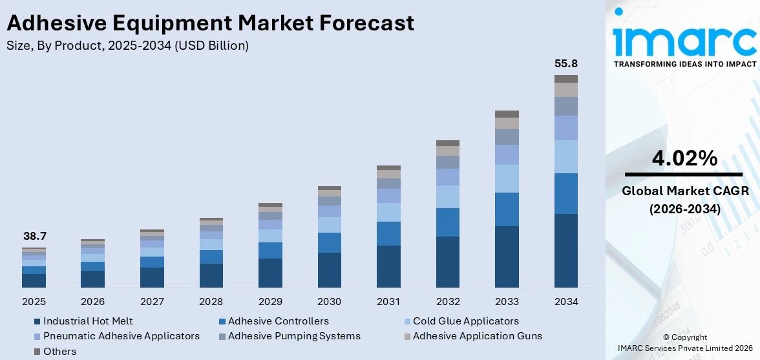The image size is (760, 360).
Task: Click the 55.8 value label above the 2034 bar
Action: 566,64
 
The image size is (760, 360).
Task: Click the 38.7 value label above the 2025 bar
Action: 34,237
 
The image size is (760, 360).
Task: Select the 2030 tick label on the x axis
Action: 330,302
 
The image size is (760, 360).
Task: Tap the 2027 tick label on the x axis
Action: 152,302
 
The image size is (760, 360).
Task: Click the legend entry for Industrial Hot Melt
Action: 88,321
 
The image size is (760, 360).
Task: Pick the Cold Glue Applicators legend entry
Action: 465,321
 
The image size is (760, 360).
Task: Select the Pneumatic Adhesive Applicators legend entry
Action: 121,336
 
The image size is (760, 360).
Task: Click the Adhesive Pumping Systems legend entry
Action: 294,336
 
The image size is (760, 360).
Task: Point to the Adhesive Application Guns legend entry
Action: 477,336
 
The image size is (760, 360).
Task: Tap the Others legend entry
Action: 59,352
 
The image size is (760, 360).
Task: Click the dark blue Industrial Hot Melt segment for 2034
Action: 566,251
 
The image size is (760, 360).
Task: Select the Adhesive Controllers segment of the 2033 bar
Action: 507,209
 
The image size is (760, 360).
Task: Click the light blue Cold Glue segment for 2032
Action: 448,196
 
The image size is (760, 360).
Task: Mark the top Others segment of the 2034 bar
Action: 566,79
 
